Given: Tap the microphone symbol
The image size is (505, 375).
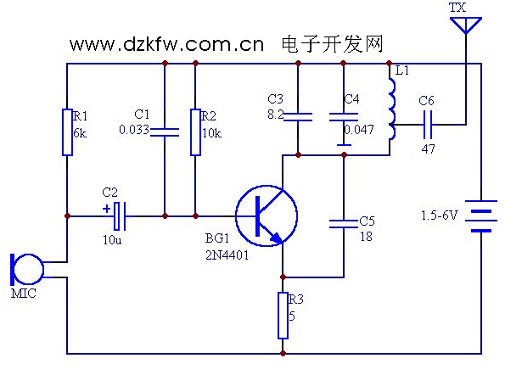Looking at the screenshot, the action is (26, 270).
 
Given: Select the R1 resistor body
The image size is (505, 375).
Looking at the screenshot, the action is (67, 132).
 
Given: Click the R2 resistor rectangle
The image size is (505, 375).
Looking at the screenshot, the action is (195, 132).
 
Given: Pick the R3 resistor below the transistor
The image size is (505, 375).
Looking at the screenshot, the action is (283, 316).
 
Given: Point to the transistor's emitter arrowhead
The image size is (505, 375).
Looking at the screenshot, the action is (277, 238).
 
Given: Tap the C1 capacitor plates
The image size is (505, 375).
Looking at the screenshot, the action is (165, 132).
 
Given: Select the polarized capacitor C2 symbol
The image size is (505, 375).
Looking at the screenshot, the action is (120, 216).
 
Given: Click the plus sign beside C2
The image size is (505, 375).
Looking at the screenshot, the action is (106, 209).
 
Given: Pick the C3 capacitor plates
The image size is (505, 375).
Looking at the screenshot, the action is (298, 117).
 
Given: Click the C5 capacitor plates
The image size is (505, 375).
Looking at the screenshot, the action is (344, 224).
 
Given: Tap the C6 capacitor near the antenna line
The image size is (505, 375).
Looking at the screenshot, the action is (428, 125).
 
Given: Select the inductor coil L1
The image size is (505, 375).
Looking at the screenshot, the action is (391, 109).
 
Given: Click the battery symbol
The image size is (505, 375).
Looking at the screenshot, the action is (481, 216).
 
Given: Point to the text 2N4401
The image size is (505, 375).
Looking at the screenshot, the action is (227, 255).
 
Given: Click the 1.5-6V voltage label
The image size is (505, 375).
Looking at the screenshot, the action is (439, 215).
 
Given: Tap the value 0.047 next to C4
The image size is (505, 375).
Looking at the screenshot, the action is (359, 130).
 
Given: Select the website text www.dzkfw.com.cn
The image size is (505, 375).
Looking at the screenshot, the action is (166, 44).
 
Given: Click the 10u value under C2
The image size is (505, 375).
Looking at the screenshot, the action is (112, 240).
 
